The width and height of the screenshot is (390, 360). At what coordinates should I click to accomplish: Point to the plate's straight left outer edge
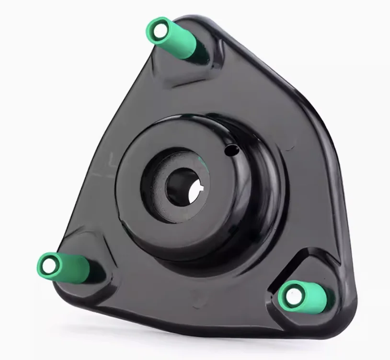(101, 144)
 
